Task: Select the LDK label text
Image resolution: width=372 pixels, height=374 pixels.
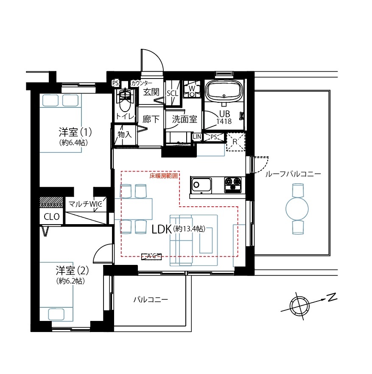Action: click(161, 229)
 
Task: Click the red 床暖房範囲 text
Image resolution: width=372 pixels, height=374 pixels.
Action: click(164, 175)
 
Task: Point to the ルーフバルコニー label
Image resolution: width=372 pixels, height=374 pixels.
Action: click(293, 174)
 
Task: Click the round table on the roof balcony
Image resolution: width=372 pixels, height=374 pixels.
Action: click(298, 208)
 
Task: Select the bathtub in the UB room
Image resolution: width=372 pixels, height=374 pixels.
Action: click(224, 91)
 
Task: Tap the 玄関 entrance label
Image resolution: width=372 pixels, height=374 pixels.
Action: click(151, 92)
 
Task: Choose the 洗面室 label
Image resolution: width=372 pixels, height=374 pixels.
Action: click(185, 119)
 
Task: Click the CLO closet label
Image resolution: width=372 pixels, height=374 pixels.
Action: click(52, 217)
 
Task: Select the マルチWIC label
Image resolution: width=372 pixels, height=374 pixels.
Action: click(86, 204)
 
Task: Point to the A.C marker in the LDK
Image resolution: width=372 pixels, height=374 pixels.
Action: click(151, 256)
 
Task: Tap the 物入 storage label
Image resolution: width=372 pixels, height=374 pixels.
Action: click(125, 135)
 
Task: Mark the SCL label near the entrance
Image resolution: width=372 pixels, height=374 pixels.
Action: click(173, 93)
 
